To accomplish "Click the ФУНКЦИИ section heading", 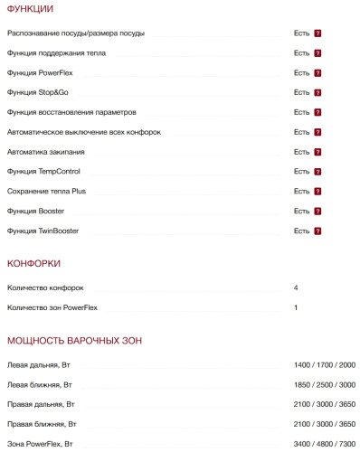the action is point(30,9).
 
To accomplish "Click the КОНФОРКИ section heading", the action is point(33,263).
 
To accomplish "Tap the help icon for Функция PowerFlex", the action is point(318,72).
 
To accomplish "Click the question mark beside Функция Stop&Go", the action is point(318,92).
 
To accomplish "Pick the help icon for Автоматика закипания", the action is point(318,151).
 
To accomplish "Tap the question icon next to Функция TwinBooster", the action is point(318,231).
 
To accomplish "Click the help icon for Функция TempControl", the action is point(318,171).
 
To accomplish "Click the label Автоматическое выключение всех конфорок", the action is point(83,132).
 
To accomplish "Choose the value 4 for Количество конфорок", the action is point(296,287).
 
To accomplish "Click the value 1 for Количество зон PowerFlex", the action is point(296,307).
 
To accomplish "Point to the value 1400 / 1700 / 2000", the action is point(324,364).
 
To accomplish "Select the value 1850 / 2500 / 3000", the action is point(324,384).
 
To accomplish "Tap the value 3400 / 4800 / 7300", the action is point(324,444).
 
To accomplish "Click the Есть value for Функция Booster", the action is point(301,211).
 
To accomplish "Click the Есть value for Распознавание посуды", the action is point(301,33).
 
